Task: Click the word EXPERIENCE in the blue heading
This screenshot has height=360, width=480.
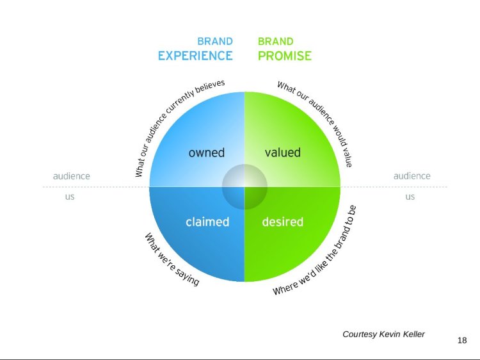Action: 195,56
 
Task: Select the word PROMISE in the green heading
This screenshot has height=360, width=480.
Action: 285,56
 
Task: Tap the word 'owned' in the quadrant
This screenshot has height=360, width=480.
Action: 207,152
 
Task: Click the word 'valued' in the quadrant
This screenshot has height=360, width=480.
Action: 282,152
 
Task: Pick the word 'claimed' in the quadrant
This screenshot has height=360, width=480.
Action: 207,222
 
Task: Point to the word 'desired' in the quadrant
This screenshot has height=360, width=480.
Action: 282,222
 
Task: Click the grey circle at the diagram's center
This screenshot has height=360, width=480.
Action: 244,186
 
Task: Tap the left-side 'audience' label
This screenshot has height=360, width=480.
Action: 71,176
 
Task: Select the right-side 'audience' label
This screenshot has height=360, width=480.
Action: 412,176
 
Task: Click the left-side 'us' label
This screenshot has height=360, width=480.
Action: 70,197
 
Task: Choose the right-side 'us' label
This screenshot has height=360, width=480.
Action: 410,197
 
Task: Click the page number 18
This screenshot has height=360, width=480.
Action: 462,340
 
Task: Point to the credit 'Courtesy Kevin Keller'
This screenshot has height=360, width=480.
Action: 383,334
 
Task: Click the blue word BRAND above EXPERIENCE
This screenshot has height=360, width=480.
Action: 214,42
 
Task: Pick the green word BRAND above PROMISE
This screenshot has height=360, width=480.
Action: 276,42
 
